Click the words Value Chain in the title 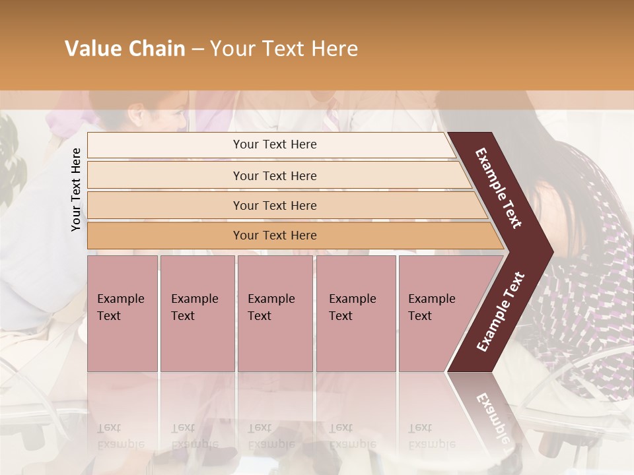pos(125,49)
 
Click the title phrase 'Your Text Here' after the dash pos(284,49)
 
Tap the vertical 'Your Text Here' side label pos(76,189)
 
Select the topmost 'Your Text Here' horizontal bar pos(275,144)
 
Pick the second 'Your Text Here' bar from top pos(275,175)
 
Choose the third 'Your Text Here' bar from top pos(275,206)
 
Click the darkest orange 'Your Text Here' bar pos(275,236)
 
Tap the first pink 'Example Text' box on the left pos(122,313)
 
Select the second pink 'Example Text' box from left pos(197,313)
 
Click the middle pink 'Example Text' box pos(275,313)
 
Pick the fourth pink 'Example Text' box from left pos(355,313)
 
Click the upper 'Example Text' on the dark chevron pos(499,188)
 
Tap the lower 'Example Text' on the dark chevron pos(500,312)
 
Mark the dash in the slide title pos(197,49)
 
